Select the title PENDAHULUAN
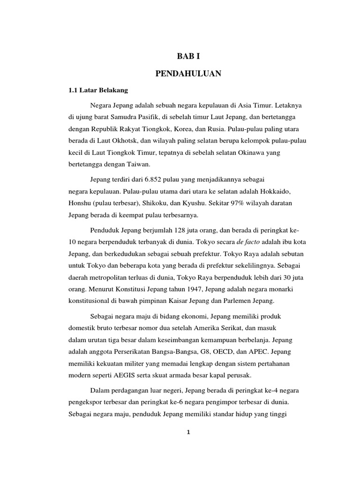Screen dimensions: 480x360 click(x=187, y=73)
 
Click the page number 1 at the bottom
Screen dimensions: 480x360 click(x=187, y=433)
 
